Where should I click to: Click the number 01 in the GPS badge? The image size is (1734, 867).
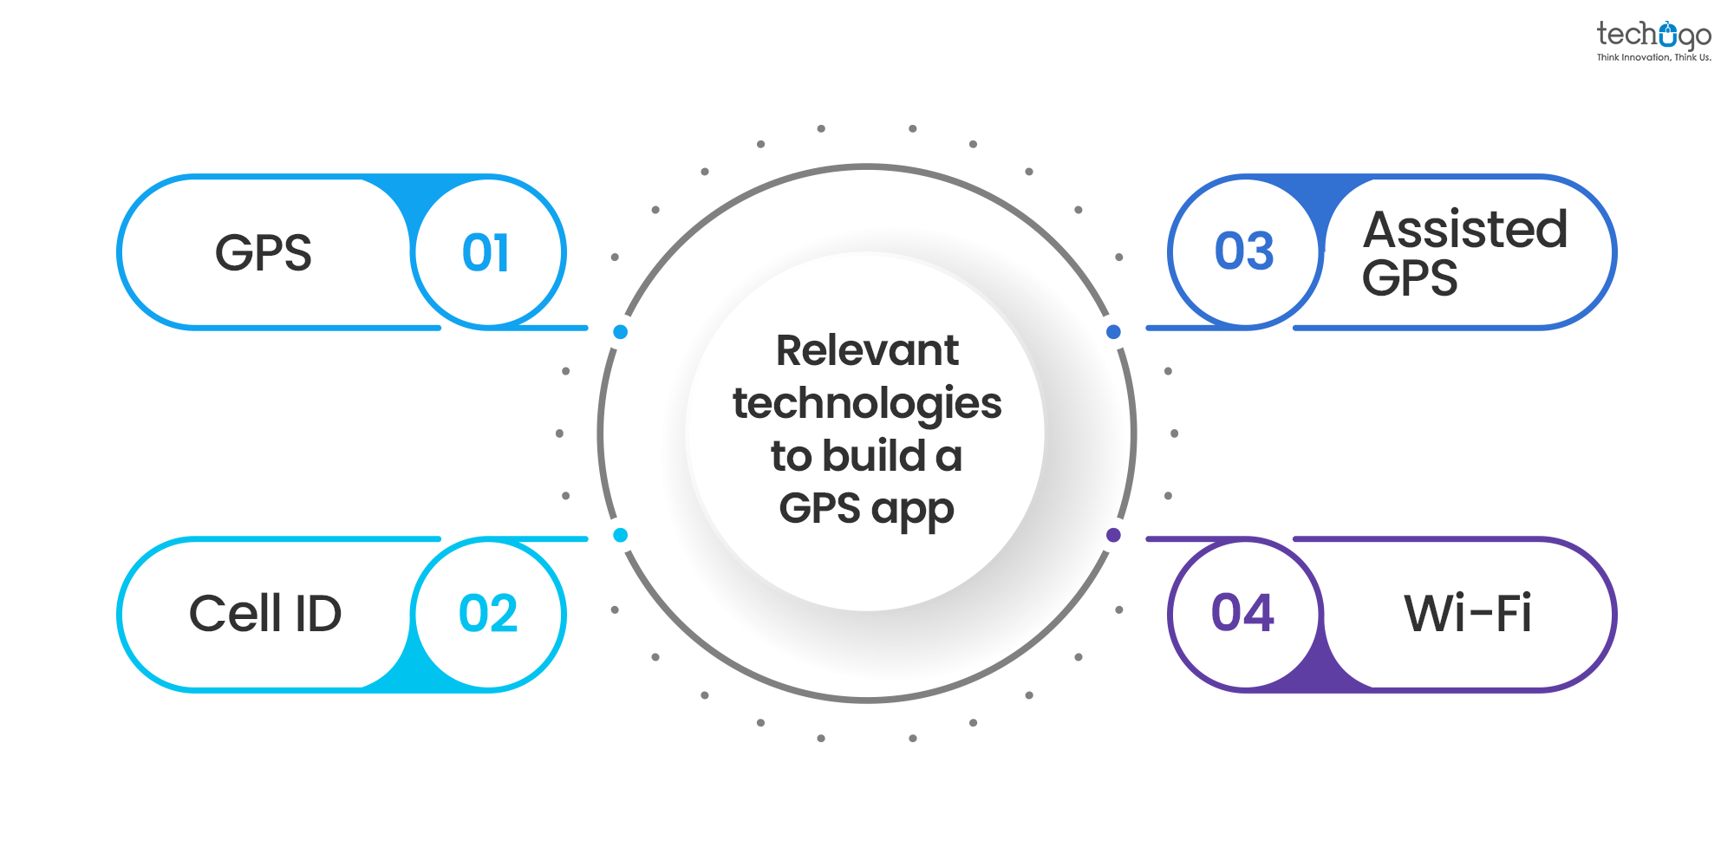click(x=486, y=253)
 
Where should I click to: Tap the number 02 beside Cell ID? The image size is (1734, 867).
click(x=488, y=614)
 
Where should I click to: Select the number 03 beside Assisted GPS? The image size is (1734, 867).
click(x=1244, y=251)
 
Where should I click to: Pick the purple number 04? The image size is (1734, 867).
click(x=1242, y=613)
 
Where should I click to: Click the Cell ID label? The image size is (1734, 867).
click(x=265, y=614)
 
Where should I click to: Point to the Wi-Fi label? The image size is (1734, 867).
click(x=1468, y=614)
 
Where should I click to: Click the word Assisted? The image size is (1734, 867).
click(x=1465, y=229)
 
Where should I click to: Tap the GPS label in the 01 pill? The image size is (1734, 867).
click(x=263, y=253)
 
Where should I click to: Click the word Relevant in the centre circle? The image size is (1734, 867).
click(x=867, y=351)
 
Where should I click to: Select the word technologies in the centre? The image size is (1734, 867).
click(x=867, y=404)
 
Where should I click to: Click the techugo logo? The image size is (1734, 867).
click(x=1653, y=36)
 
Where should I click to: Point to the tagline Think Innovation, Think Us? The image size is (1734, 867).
click(x=1653, y=57)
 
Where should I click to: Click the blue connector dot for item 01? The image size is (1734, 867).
click(x=620, y=332)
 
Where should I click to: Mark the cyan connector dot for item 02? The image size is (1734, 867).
click(x=620, y=535)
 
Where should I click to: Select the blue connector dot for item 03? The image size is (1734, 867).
click(x=1114, y=332)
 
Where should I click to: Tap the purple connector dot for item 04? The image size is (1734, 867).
click(x=1114, y=535)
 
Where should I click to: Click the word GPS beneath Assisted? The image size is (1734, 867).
click(x=1410, y=278)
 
